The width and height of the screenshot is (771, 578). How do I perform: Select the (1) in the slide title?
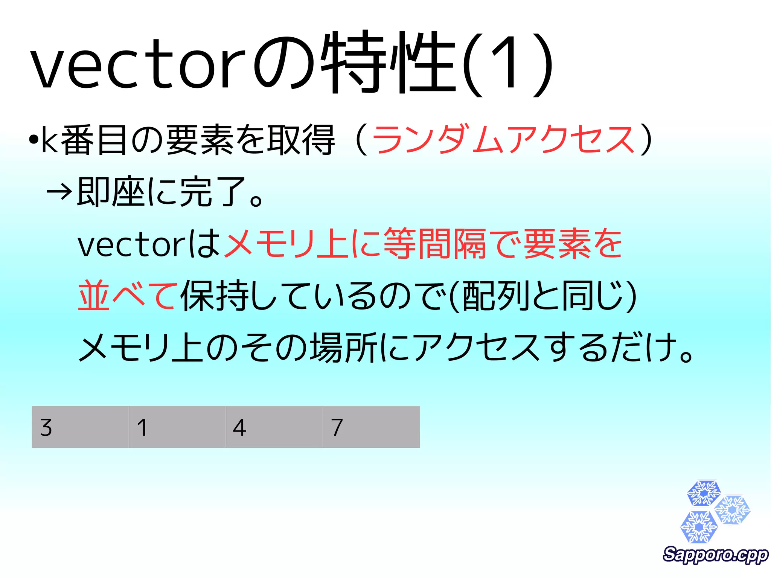(508, 64)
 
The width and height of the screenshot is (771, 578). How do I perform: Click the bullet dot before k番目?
(34, 140)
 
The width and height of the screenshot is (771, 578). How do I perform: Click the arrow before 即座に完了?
(59, 192)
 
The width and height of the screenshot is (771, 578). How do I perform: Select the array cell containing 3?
(80, 427)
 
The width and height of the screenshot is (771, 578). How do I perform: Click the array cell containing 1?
(177, 427)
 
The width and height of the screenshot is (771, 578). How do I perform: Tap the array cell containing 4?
(274, 427)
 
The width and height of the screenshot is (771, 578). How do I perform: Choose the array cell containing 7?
(371, 427)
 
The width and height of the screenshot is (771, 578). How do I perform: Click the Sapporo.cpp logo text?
(715, 555)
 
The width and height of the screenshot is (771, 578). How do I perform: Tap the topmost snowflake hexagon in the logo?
(704, 493)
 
